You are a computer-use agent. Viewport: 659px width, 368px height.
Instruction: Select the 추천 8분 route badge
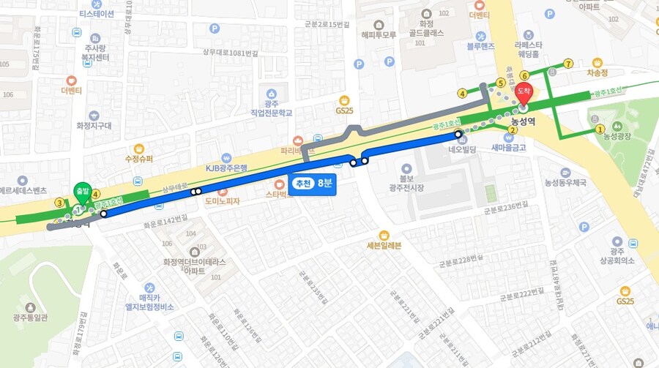tap(313, 183)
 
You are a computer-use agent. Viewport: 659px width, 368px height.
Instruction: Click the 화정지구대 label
tap(94, 125)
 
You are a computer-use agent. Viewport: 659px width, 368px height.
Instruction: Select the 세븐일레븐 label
tap(384, 245)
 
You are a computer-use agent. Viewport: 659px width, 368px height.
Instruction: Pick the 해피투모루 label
tap(379, 34)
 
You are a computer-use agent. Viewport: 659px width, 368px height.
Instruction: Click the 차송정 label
tap(597, 73)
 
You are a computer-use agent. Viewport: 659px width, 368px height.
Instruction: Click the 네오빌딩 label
tap(463, 149)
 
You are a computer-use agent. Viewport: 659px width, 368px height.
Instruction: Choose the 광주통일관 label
tap(30, 318)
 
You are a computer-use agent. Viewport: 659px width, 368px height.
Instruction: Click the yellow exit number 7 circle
tap(568, 64)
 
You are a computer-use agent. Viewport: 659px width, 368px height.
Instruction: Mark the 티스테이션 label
tap(97, 14)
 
